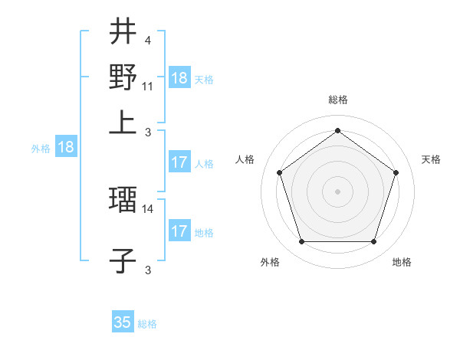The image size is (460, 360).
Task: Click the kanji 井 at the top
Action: click(x=123, y=32)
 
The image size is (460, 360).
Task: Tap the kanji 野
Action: click(x=123, y=77)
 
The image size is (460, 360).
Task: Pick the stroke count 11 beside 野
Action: click(x=148, y=87)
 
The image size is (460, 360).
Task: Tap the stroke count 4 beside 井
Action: click(x=147, y=41)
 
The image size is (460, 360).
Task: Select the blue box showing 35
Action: click(x=123, y=322)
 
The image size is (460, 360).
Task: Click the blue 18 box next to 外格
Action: click(x=66, y=148)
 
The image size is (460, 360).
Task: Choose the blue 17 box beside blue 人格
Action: click(x=179, y=162)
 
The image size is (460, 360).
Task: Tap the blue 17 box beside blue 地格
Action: click(x=179, y=231)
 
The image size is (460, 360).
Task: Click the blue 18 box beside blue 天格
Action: click(x=179, y=78)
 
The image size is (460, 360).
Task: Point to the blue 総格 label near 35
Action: click(x=148, y=324)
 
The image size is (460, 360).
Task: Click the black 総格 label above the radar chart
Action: click(x=337, y=100)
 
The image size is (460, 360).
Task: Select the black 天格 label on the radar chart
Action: click(x=431, y=159)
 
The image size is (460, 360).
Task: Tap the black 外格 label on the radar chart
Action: click(x=270, y=262)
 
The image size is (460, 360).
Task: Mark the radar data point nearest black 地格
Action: click(x=373, y=242)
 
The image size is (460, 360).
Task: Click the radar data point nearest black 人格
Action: click(x=279, y=172)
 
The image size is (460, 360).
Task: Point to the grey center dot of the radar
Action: click(x=337, y=191)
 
